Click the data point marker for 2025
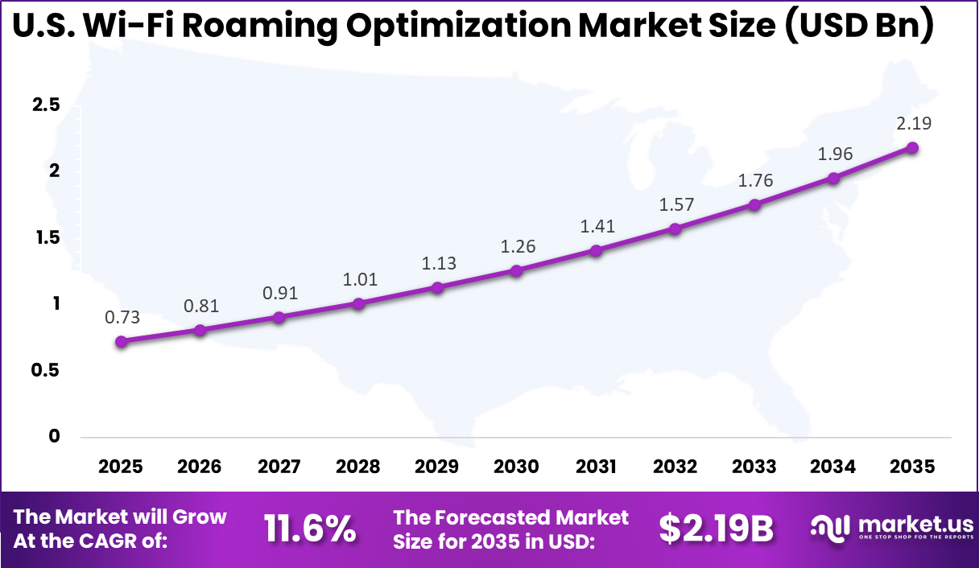122,341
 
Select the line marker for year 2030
517,270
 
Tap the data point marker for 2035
912,148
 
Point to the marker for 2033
754,204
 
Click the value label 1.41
597,227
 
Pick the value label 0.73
122,317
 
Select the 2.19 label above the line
912,123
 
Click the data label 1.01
359,279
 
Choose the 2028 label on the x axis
357,467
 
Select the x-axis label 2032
675,467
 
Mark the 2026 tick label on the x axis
200,467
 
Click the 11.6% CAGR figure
310,529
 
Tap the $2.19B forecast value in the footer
716,529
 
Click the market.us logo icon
829,529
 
